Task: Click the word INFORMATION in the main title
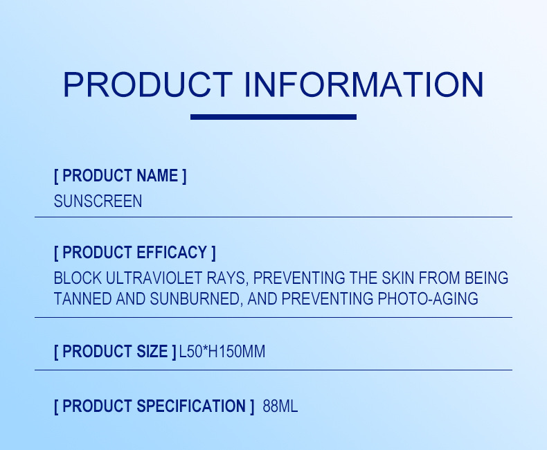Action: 364,84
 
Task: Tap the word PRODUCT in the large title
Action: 147,84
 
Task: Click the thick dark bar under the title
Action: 273,117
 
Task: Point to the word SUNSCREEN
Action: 98,201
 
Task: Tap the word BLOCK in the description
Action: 78,278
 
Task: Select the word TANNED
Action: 80,299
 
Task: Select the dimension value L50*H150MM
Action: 222,352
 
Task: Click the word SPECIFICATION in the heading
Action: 191,406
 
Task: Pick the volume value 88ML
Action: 280,406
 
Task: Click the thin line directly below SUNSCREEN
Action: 273,217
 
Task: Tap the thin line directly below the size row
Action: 273,370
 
